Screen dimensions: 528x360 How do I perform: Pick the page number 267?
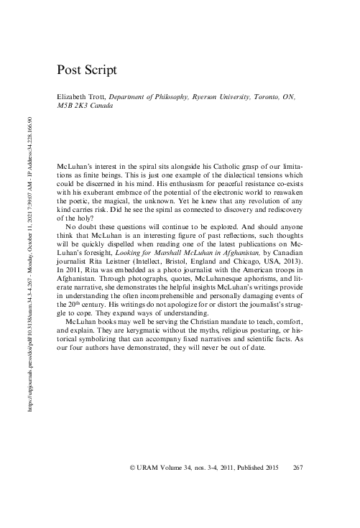(300, 468)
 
